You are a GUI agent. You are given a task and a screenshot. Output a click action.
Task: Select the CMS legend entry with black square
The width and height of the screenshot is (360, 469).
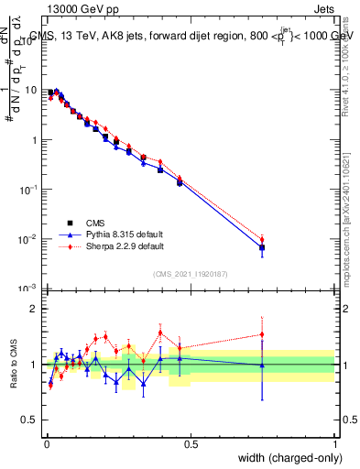(70, 223)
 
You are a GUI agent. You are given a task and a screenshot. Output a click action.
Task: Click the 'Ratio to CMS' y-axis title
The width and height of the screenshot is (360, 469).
(14, 365)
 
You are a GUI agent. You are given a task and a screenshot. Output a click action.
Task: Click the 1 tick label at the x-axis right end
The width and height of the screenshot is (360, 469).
(335, 443)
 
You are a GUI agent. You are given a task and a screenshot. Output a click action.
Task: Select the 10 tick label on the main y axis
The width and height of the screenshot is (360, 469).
(32, 91)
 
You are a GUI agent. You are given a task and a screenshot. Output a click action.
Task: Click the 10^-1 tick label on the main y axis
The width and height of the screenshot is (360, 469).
(30, 189)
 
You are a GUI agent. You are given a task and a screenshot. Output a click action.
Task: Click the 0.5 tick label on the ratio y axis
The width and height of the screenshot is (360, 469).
(31, 420)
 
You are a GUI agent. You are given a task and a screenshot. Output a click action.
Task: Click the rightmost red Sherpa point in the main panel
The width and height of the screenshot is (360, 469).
(262, 239)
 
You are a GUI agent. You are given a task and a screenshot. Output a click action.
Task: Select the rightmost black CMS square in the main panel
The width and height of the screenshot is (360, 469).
(262, 247)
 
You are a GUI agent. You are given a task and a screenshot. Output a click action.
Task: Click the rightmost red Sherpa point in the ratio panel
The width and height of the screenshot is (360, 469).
(262, 334)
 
